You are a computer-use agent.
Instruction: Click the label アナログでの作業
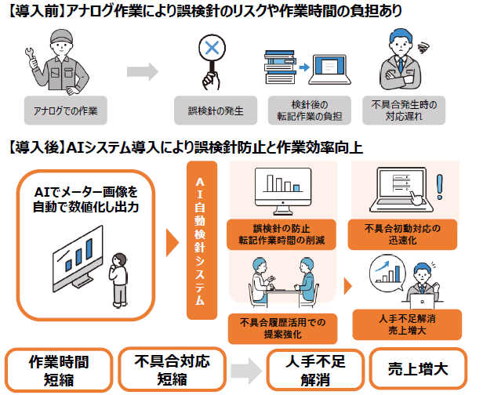(x=64, y=107)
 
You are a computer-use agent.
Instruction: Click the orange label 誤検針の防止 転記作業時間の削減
(x=282, y=232)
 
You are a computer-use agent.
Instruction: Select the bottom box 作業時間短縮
(x=58, y=369)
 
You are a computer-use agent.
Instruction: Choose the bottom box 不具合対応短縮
(x=172, y=369)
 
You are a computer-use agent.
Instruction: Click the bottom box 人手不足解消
(x=313, y=369)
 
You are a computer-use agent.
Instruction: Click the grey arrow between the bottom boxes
(x=246, y=370)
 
